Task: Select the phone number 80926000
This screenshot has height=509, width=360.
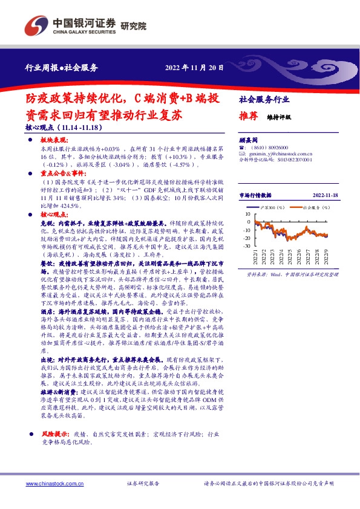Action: click(x=277, y=147)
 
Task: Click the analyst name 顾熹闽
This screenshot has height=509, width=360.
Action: click(x=249, y=138)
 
